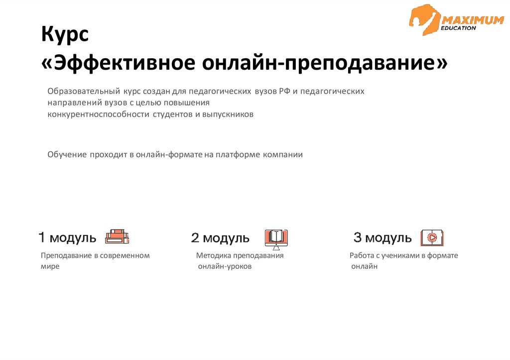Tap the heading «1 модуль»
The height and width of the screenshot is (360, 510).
point(68,238)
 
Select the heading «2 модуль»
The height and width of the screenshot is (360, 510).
point(220,238)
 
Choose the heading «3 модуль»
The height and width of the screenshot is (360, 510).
point(382,238)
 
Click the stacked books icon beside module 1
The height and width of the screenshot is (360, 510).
point(117,237)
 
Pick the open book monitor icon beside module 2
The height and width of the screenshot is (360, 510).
point(276,238)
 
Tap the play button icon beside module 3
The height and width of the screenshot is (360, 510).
point(432,238)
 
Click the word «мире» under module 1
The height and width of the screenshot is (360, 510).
point(50,266)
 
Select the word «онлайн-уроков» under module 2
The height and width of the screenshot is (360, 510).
point(225,266)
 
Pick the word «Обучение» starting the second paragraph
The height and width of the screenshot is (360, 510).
point(67,154)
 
